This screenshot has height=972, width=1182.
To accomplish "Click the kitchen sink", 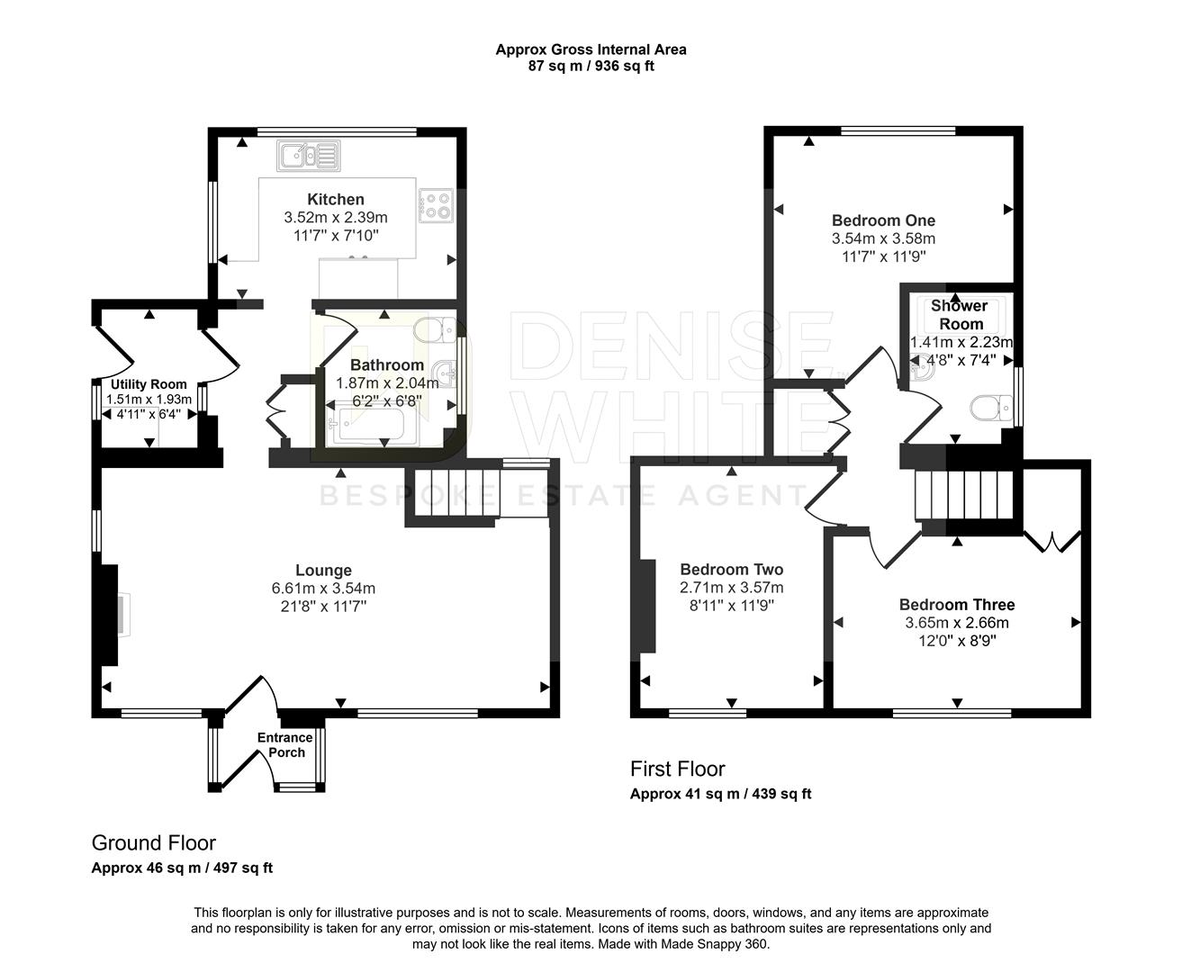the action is pos(308,155).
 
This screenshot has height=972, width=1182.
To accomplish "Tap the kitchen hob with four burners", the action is pos(436,205).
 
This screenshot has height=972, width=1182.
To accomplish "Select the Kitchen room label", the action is pos(336,199).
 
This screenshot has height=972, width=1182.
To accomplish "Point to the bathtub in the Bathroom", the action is pos(365,427).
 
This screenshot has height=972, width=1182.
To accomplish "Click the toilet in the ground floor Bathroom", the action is pos(436,330).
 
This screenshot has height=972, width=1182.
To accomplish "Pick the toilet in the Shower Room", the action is pos(991,408).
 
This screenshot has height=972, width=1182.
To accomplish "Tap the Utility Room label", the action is pos(149,384).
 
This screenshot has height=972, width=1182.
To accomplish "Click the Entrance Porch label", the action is pos(285,744).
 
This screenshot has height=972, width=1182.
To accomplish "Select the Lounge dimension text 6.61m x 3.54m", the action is pos(323,589).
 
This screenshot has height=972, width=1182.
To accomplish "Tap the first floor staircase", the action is pos(964,495).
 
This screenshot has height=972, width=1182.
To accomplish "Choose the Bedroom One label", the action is pos(883,220).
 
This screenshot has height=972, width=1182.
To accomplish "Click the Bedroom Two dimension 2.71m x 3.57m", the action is pos(731,587).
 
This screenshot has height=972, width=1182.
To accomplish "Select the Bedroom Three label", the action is pos(957,605).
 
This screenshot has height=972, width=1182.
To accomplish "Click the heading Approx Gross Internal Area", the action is pos(591,49).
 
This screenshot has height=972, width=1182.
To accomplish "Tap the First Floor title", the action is pos(677,769).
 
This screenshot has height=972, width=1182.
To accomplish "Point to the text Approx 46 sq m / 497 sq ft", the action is pos(182,868).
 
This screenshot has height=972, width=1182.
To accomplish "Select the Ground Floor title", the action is pos(154,842).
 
